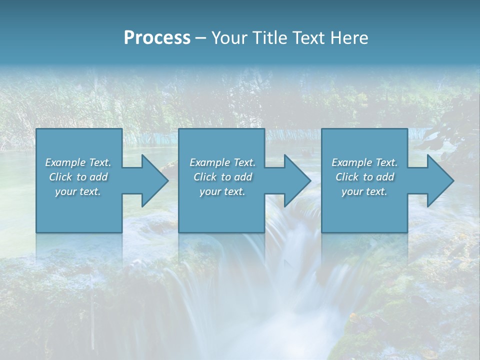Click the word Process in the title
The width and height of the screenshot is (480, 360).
click(157, 38)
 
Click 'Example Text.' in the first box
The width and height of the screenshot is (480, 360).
click(78, 162)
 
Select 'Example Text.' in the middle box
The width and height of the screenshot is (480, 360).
click(222, 162)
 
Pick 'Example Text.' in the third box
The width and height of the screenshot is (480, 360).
click(364, 162)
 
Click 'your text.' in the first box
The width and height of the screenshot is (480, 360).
click(78, 191)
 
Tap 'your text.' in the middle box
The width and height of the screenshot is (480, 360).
click(222, 191)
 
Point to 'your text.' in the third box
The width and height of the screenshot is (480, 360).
click(364, 191)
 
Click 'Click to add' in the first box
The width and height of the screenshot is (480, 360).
click(78, 177)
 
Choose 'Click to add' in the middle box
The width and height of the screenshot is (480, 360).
click(222, 177)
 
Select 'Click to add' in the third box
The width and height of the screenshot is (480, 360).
click(364, 177)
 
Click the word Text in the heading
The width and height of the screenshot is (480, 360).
click(308, 38)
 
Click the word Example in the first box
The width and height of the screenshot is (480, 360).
click(65, 162)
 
